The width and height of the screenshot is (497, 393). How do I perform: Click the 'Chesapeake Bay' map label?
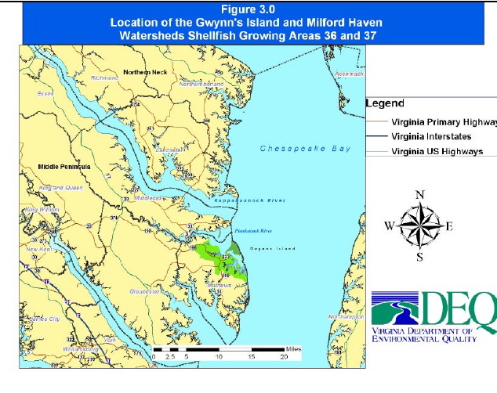click(306, 149)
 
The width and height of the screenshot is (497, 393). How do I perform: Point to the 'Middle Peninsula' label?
click(65, 168)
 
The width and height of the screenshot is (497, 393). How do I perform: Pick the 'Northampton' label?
click(346, 316)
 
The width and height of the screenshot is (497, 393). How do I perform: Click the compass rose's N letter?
click(420, 194)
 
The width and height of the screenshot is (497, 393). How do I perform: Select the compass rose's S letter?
click(419, 257)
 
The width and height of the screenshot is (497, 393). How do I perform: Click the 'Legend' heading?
click(385, 103)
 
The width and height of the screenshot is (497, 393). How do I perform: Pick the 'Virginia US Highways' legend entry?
click(437, 151)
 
